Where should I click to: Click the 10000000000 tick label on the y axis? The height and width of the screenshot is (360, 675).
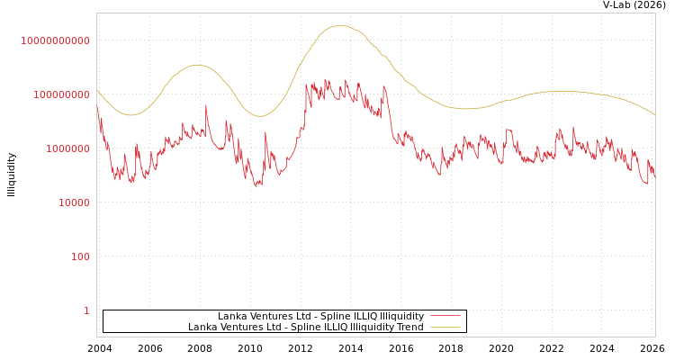(x=56, y=40)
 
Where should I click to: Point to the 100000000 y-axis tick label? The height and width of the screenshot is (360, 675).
(x=56, y=94)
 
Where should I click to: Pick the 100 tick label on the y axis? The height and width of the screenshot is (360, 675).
(x=80, y=256)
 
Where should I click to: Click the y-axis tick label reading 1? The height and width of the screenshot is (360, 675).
(x=86, y=310)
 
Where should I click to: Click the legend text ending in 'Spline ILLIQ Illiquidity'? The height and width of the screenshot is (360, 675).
(x=320, y=316)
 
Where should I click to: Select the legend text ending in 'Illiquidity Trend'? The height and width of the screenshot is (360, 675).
(x=305, y=327)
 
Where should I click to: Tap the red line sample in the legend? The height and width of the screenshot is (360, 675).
(x=445, y=316)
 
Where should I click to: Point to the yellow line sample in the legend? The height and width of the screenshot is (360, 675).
(x=445, y=327)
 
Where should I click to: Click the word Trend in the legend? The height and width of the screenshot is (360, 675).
(x=409, y=327)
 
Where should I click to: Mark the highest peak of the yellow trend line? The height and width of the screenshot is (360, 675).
(x=340, y=25)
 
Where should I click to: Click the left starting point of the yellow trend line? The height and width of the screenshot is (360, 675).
(x=97, y=90)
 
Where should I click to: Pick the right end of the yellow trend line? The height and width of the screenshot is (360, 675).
(x=655, y=115)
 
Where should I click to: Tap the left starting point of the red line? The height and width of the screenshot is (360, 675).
(x=97, y=106)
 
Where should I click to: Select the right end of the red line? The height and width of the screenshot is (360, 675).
(x=655, y=178)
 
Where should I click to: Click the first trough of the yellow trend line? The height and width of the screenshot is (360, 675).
(x=130, y=114)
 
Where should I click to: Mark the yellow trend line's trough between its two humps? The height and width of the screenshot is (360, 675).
(x=261, y=115)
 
